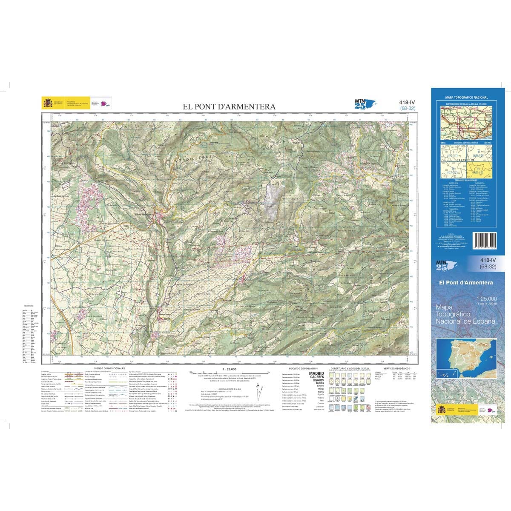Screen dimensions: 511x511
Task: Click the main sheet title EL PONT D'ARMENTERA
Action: tap(229, 107)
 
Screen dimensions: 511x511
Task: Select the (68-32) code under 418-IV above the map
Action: tap(408, 108)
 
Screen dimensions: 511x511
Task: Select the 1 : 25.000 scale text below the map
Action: tap(229, 368)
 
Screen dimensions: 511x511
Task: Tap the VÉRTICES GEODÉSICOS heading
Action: tap(396, 368)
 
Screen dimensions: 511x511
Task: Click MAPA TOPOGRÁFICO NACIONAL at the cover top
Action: tap(467, 98)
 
